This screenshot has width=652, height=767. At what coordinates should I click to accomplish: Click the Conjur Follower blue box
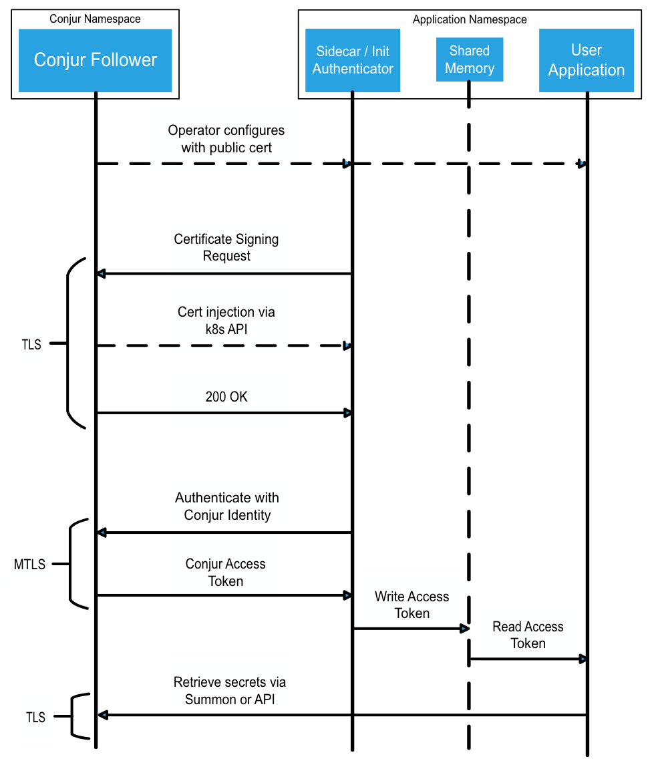click(x=95, y=60)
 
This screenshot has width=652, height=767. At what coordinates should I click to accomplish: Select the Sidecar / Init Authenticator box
click(x=353, y=60)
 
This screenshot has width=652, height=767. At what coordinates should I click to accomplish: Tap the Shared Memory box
click(x=469, y=59)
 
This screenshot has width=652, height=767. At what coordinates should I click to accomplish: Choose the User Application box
click(x=587, y=60)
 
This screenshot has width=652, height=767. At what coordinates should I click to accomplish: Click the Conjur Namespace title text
click(x=95, y=19)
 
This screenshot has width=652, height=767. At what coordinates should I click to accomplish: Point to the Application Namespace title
click(x=470, y=19)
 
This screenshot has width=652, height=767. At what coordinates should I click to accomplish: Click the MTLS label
click(x=30, y=565)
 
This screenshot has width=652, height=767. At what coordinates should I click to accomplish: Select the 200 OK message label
click(x=226, y=397)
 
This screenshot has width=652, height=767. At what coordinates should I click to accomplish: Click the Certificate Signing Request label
click(x=226, y=248)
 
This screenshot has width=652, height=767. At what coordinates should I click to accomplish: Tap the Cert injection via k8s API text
click(x=226, y=321)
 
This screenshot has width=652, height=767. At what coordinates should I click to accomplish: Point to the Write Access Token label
click(x=412, y=605)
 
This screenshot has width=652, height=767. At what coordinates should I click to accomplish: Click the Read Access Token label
click(x=528, y=635)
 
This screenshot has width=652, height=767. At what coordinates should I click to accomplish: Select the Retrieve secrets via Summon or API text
click(x=230, y=691)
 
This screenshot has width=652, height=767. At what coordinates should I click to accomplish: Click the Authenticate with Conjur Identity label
click(x=227, y=506)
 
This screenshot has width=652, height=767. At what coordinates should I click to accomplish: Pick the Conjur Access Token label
click(x=226, y=573)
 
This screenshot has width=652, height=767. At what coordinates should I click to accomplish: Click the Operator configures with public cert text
click(x=226, y=139)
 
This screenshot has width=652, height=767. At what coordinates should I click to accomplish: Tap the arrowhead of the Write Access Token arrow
click(x=464, y=629)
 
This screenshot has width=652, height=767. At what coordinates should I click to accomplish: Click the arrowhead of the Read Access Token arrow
click(x=583, y=659)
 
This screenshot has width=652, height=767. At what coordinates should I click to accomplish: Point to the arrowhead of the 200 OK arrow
click(x=347, y=413)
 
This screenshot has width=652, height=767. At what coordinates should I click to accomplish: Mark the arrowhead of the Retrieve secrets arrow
click(x=102, y=715)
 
